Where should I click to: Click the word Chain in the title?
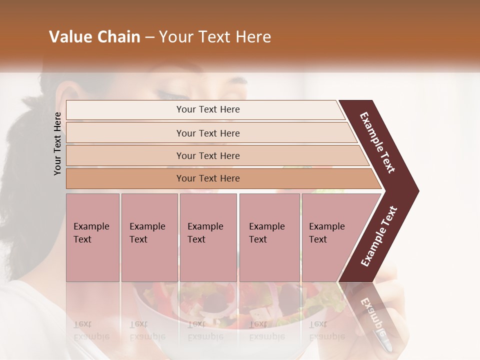118,37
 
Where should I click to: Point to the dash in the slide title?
149,37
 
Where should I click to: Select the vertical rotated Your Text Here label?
57,143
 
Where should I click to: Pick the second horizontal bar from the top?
207,133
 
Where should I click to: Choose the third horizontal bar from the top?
207,155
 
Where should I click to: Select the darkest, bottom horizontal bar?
207,178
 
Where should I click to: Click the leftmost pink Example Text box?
92,237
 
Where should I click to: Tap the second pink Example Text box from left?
149,237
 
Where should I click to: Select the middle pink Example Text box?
208,237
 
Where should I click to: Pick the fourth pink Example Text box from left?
269,237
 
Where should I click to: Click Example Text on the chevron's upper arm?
377,142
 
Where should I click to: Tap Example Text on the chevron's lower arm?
379,236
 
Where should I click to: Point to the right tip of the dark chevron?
417,190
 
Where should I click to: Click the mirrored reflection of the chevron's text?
372,315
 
